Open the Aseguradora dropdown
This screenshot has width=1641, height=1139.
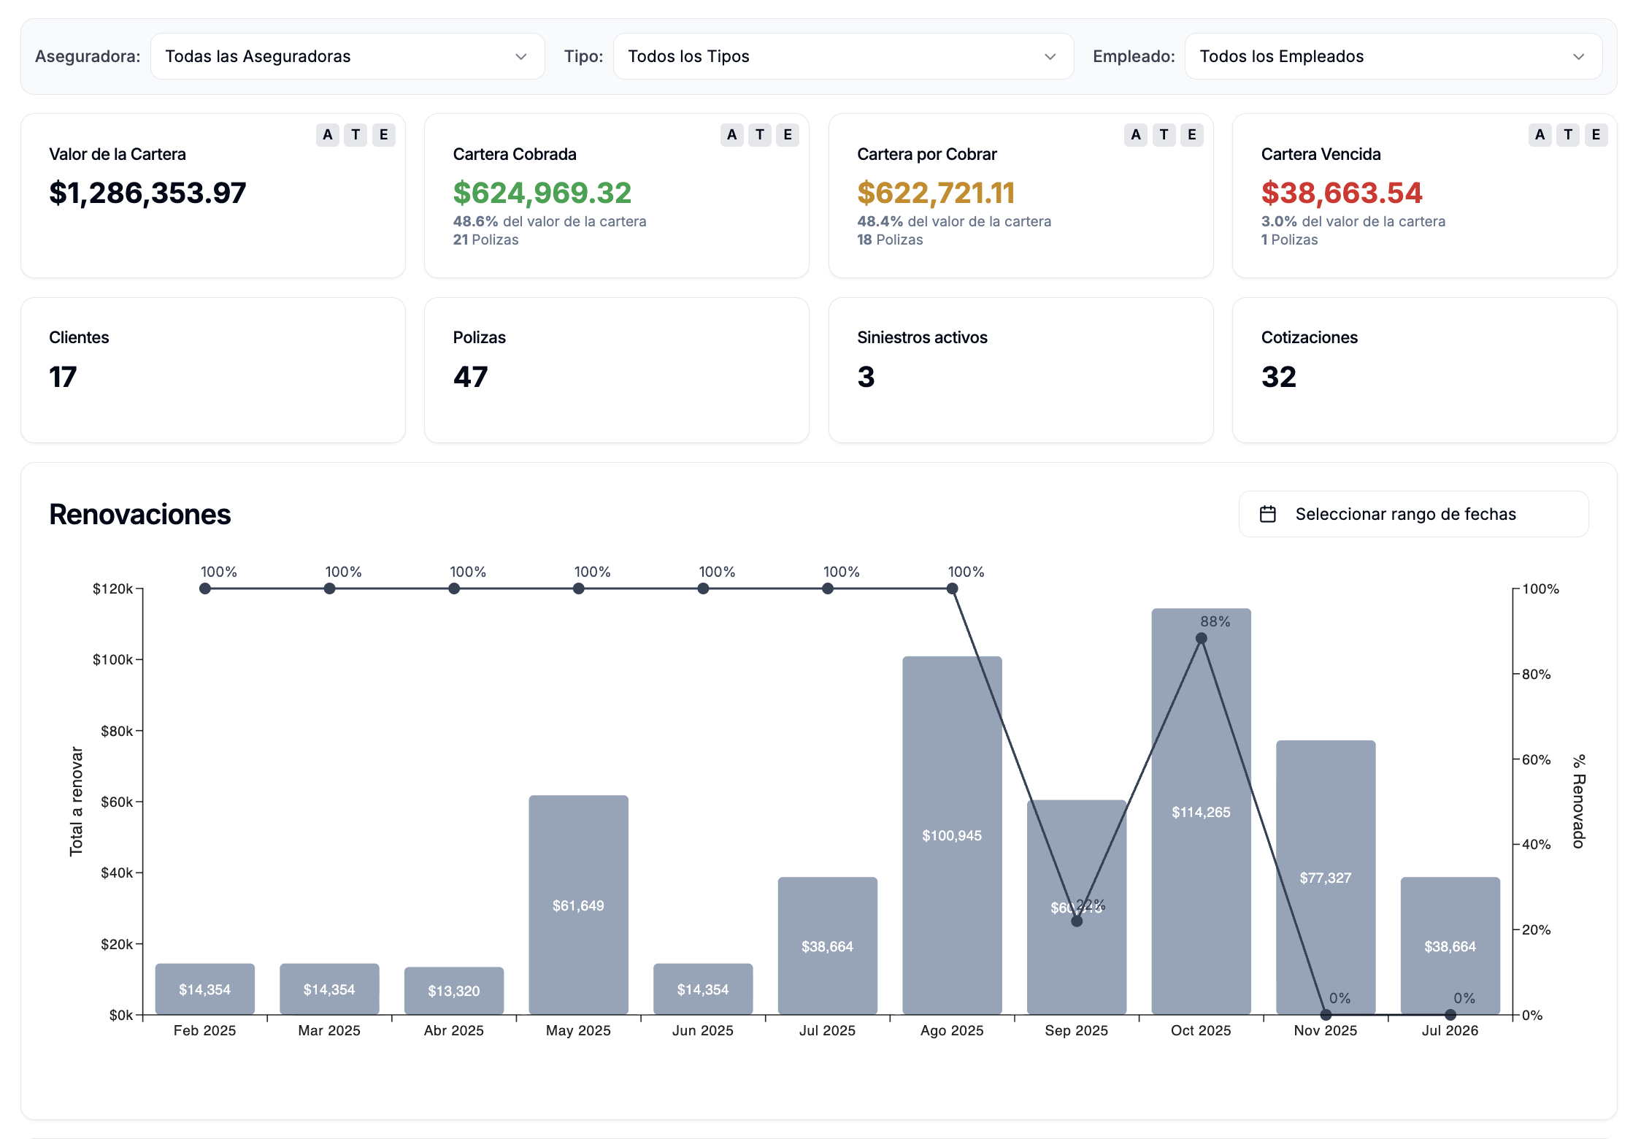pos(347,56)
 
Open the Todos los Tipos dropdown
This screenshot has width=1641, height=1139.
pos(842,56)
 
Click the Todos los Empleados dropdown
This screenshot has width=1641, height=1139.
pos(1392,56)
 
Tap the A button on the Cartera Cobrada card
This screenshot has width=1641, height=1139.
pos(731,134)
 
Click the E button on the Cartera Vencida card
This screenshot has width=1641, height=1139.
pos(1596,134)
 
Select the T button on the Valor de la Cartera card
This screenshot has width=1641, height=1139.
pos(356,134)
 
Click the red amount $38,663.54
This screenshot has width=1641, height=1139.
pos(1341,193)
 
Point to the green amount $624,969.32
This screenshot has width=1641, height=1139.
pos(542,193)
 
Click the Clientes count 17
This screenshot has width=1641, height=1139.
pos(63,377)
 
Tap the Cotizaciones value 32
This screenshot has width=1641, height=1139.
pos(1278,377)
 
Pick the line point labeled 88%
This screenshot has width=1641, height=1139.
pos(1201,638)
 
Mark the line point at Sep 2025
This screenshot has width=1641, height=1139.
pos(1077,921)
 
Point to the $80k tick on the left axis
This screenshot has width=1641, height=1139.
pos(117,730)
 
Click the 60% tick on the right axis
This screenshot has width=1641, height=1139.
pos(1536,759)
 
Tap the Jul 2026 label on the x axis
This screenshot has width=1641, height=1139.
pos(1450,1030)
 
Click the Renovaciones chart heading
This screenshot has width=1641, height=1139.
pos(139,514)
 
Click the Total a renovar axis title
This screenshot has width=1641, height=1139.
pos(76,801)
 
